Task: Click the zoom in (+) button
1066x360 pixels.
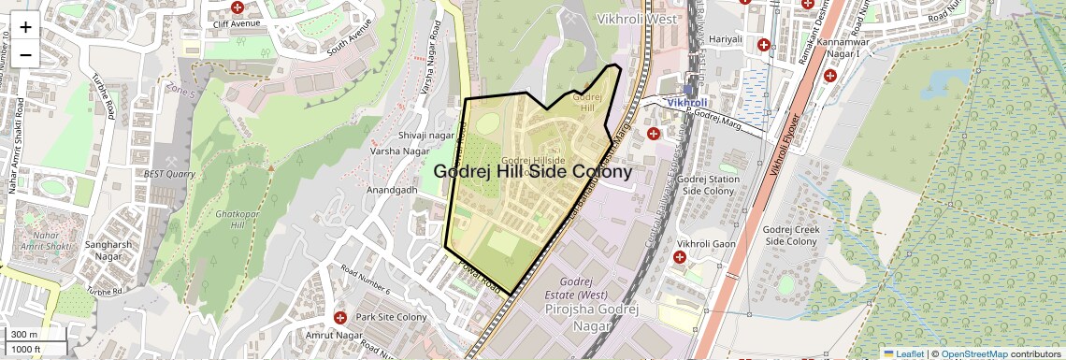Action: click(25, 26)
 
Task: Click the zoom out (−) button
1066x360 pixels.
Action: click(25, 54)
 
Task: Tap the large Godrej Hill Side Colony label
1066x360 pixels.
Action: click(533, 172)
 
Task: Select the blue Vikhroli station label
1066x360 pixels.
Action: click(687, 101)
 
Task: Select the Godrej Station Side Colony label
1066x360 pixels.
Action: click(707, 184)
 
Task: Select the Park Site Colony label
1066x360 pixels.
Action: click(391, 318)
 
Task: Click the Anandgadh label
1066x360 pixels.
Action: click(392, 189)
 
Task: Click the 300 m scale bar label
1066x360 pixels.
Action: click(25, 335)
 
